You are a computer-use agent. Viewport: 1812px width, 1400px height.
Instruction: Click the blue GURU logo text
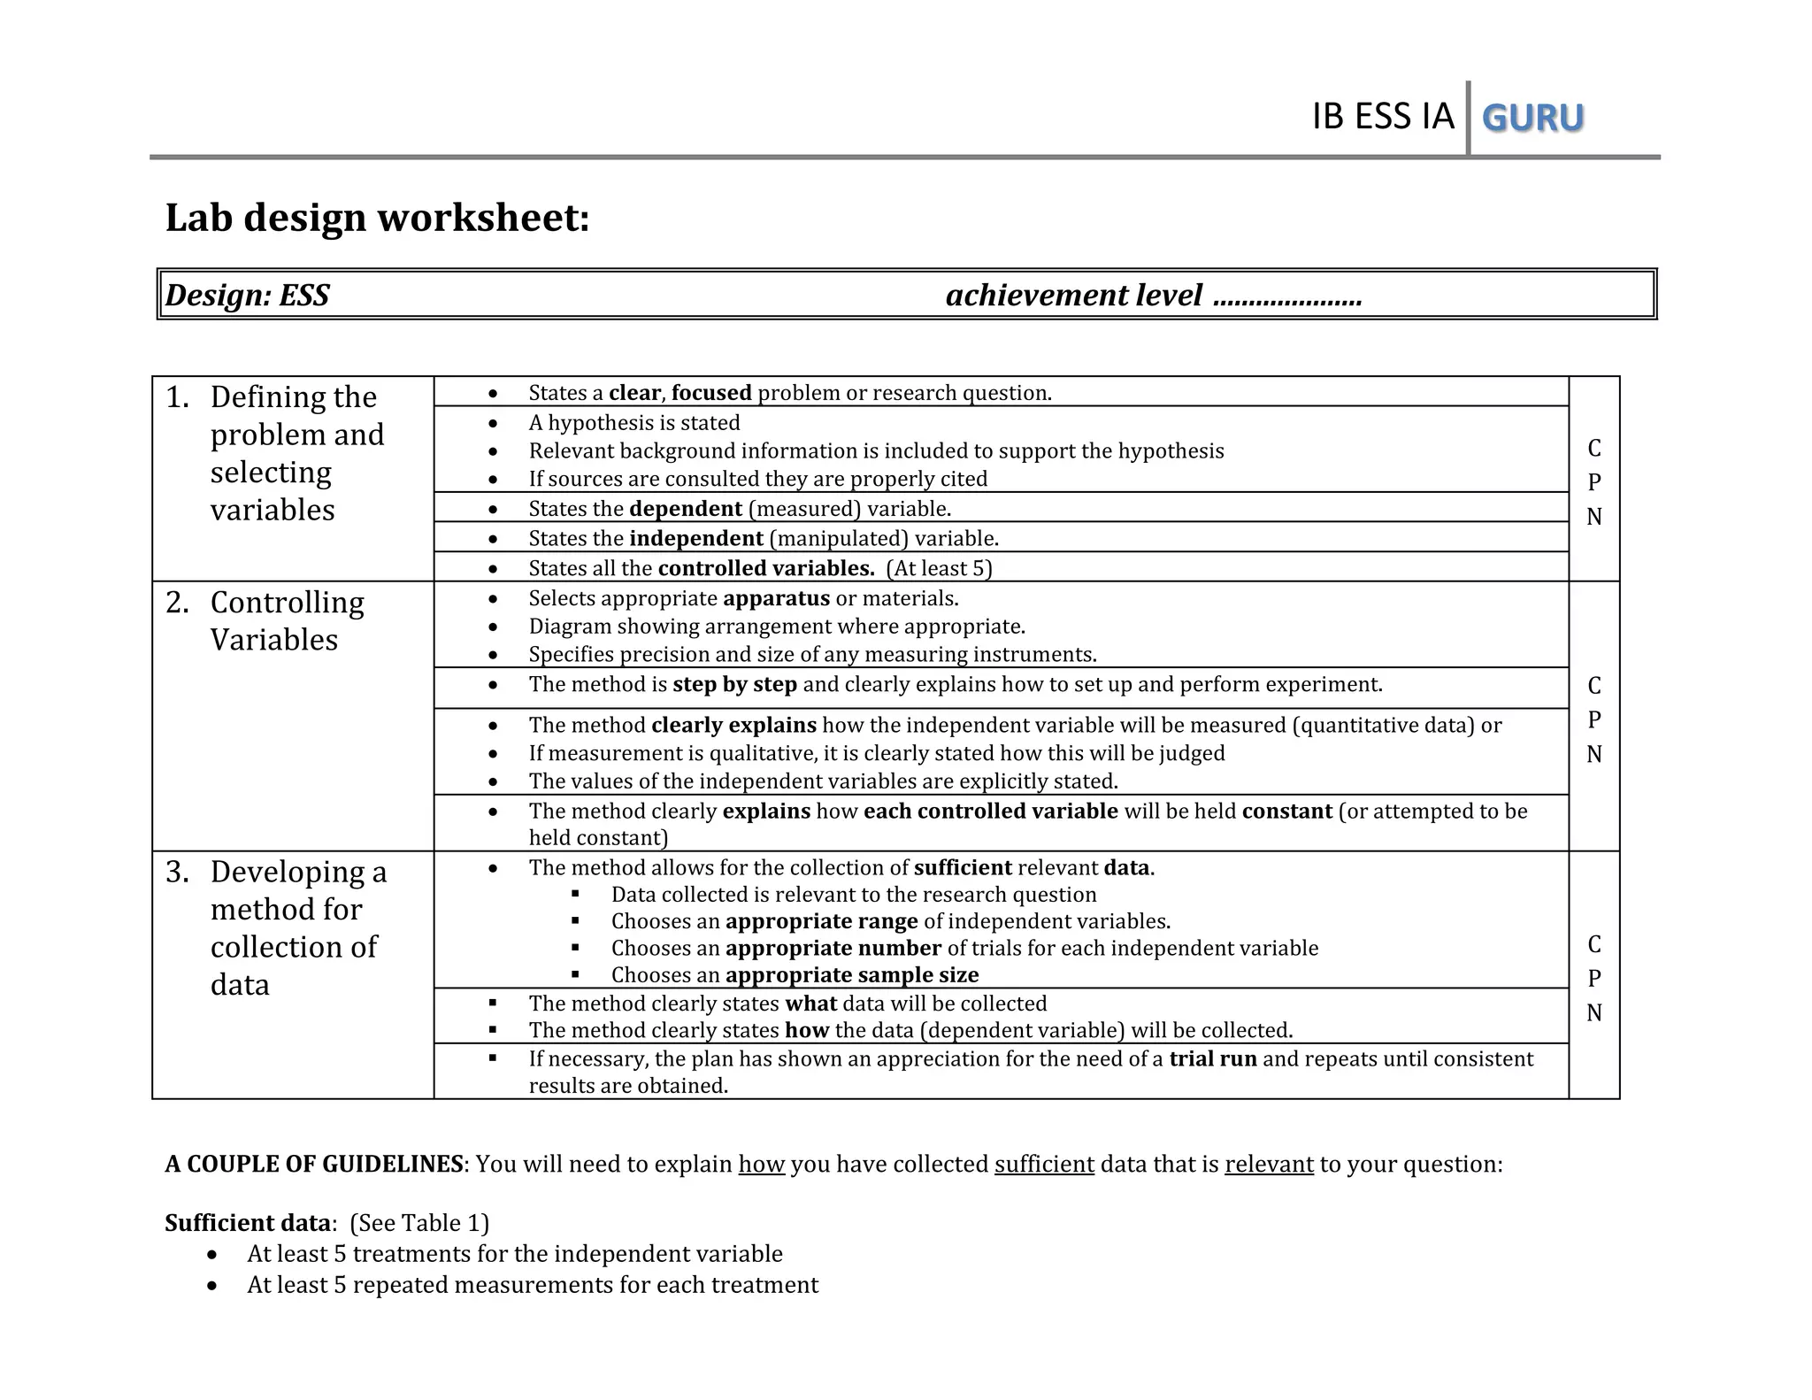tap(1532, 118)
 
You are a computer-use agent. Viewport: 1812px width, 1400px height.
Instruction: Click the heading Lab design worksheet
tap(377, 218)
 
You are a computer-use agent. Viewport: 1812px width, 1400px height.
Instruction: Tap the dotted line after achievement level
tap(1287, 296)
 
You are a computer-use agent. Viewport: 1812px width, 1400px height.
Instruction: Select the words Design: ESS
tap(248, 295)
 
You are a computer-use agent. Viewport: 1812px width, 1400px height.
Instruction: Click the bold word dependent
tap(686, 509)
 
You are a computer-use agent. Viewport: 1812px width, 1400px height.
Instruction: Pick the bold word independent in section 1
tap(696, 538)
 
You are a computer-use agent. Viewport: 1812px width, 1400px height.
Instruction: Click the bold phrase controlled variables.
tap(765, 568)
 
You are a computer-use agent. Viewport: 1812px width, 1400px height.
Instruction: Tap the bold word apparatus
tap(776, 598)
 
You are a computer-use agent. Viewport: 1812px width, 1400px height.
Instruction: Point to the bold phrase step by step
tap(734, 684)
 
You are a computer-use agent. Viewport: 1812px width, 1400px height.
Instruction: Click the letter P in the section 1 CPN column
tap(1593, 482)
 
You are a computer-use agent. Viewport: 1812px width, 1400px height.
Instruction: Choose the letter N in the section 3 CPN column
tap(1593, 1012)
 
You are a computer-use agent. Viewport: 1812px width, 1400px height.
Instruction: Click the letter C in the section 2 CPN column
tap(1593, 686)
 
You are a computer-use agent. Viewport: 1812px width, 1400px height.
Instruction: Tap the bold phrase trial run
tap(1212, 1059)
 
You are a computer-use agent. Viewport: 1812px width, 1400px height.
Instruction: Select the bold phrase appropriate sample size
tap(851, 975)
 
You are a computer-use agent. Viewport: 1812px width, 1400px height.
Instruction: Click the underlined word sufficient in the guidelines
tap(1044, 1165)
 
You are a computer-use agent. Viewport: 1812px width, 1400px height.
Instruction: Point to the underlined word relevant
tap(1269, 1165)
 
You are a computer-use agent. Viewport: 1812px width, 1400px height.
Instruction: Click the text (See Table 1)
tap(419, 1223)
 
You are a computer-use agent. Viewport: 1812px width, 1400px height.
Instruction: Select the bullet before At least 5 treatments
tap(212, 1255)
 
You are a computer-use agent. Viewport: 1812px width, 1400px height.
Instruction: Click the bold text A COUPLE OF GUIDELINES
tap(314, 1165)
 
